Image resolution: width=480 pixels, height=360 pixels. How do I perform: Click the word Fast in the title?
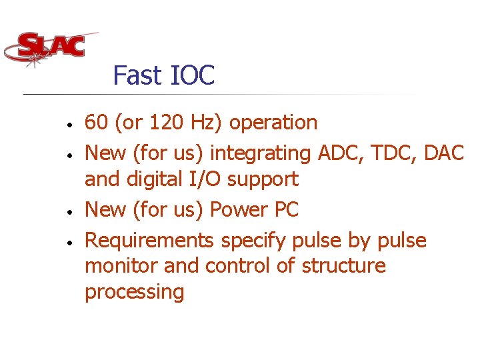click(x=137, y=75)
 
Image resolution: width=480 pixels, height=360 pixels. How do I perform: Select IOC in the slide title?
click(x=193, y=75)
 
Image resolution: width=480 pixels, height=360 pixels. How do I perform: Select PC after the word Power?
click(x=287, y=209)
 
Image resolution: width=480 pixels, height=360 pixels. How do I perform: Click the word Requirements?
click(x=149, y=240)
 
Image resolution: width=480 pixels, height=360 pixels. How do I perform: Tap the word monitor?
click(x=121, y=265)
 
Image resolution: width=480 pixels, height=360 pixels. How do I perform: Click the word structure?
click(x=343, y=265)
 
